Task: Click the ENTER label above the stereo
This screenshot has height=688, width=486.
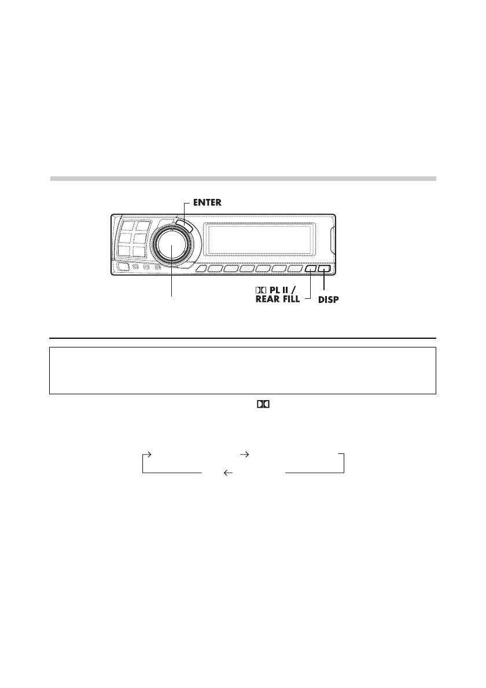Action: (x=207, y=203)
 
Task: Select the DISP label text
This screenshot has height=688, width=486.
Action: (x=329, y=300)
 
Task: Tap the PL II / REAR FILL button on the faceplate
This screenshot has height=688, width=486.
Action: (x=311, y=269)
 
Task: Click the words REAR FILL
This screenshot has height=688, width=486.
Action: (x=278, y=299)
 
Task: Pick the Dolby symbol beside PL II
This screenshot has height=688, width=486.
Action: (x=261, y=290)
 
